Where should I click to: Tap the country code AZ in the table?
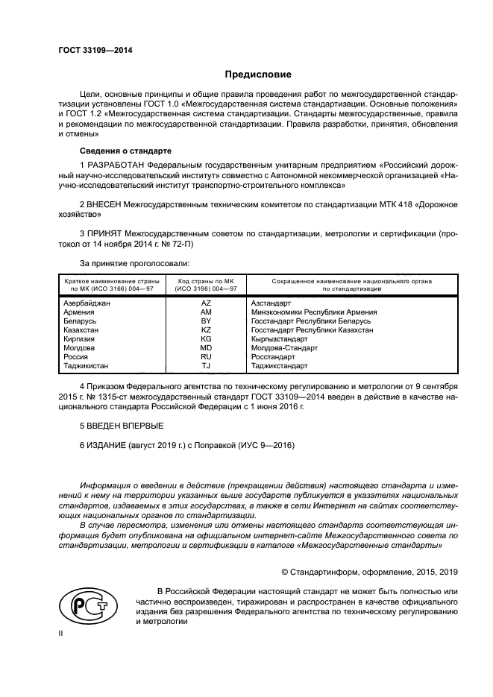[206, 303]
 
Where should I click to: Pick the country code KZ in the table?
[206, 329]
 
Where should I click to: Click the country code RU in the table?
[206, 357]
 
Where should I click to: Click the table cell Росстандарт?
[274, 357]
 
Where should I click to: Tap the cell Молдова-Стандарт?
[284, 348]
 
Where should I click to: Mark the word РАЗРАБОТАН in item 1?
[116, 163]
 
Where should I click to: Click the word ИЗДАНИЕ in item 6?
[107, 445]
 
